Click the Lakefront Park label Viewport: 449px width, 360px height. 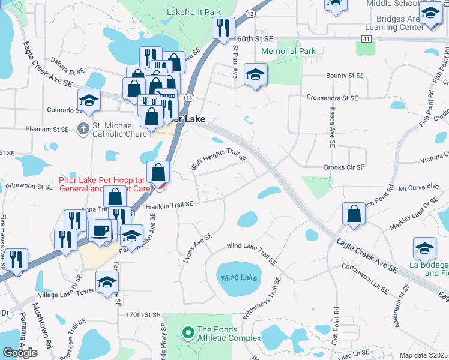pyautogui.click(x=193, y=12)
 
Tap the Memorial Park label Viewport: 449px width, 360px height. pyautogui.click(x=288, y=52)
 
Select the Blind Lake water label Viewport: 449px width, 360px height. pyautogui.click(x=239, y=278)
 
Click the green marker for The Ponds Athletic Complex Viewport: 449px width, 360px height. pyautogui.click(x=188, y=331)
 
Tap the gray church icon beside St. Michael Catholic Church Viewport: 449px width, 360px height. pyautogui.click(x=84, y=128)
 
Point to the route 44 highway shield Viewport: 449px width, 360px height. pyautogui.click(x=365, y=38)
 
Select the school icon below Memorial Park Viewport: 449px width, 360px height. pyautogui.click(x=256, y=75)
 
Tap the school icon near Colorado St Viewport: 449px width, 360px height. pyautogui.click(x=89, y=100)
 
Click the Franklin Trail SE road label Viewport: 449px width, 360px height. pyautogui.click(x=169, y=205)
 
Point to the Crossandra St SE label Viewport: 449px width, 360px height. pyautogui.click(x=332, y=97)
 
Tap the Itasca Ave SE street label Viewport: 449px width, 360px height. pyautogui.click(x=331, y=128)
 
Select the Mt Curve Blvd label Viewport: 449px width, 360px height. pyautogui.click(x=415, y=187)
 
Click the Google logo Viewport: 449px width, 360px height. pyautogui.click(x=20, y=352)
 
